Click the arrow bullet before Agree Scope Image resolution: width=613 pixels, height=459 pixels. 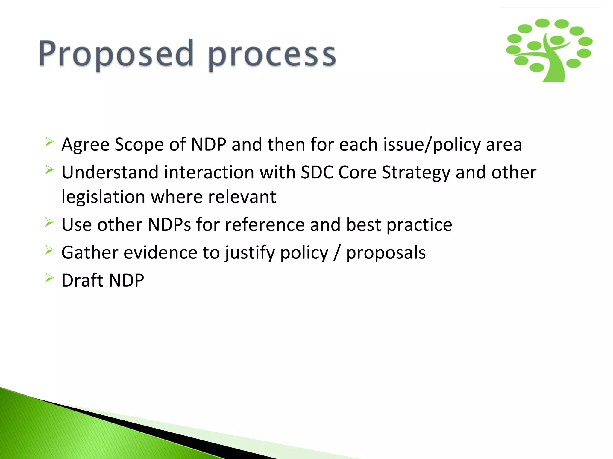tap(49, 142)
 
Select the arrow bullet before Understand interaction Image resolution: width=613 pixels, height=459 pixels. tap(49, 170)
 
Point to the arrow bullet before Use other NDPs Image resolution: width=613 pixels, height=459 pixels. tap(49, 222)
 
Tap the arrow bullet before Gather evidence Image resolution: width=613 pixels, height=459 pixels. tap(49, 250)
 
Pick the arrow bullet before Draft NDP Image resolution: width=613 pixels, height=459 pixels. tap(49, 278)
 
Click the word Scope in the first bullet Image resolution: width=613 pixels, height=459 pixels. tap(139, 145)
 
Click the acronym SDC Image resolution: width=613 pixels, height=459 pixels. tap(317, 172)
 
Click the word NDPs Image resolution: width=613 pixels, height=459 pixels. tap(169, 225)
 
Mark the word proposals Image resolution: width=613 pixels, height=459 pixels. tap(386, 253)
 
